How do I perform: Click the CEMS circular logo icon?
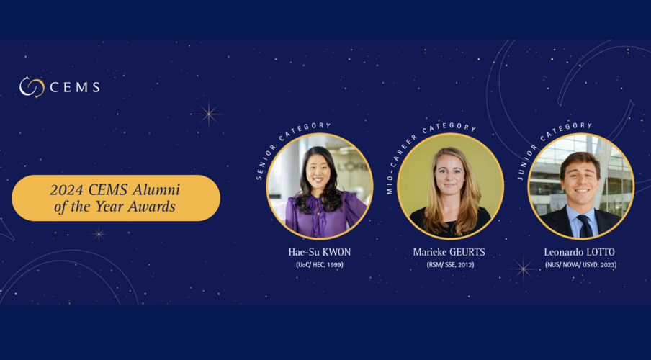coord(32,87)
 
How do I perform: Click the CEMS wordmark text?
coord(75,87)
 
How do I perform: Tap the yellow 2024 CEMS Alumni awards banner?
coord(116,198)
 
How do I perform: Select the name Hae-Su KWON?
coord(320,252)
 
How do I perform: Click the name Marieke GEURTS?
coord(449,252)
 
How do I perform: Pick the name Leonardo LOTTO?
coord(580,252)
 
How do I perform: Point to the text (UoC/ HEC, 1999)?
coord(320,265)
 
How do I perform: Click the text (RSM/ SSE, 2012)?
coord(450,265)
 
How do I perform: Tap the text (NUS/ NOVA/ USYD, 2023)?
coord(580,265)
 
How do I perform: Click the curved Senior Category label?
coord(282,143)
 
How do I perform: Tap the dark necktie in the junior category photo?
coord(585,226)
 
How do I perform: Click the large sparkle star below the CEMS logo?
coord(208,114)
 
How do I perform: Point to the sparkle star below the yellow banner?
coord(99,234)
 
